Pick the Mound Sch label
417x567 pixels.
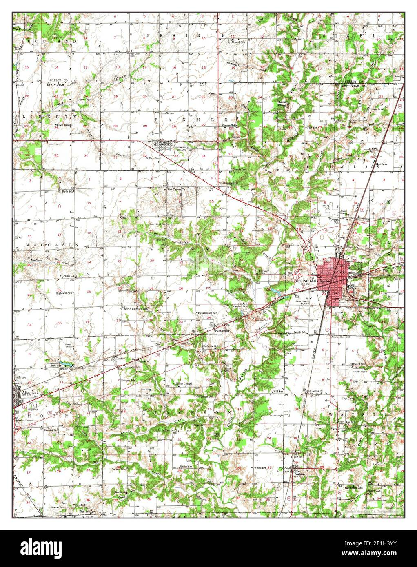tap(238, 42)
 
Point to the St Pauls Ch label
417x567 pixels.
tap(67, 276)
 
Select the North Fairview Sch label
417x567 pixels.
tap(136, 309)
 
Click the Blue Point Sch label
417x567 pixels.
tap(157, 224)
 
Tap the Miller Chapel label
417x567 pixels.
tap(183, 384)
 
